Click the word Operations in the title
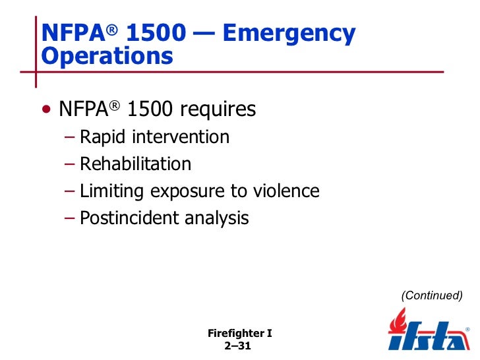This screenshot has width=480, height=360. (x=107, y=57)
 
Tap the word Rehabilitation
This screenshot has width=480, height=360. (x=135, y=164)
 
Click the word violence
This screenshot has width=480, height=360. (x=287, y=191)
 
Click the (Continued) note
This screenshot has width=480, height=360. (x=432, y=295)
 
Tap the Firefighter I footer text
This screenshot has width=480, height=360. (x=239, y=334)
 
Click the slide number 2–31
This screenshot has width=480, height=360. (x=239, y=346)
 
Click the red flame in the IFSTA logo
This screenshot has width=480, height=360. (x=398, y=322)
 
